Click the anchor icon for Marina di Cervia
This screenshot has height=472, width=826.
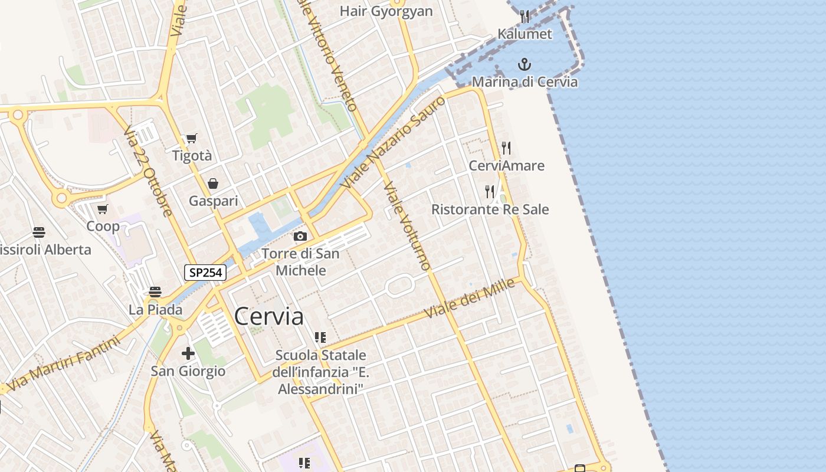(x=525, y=64)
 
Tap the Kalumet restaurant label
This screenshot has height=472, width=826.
(x=525, y=34)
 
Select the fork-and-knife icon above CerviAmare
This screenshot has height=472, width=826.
(x=506, y=147)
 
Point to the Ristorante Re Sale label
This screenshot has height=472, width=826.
(x=490, y=209)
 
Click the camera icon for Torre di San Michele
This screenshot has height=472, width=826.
(x=300, y=237)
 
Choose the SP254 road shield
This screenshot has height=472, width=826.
(x=205, y=273)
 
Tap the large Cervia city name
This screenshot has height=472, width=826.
(x=269, y=317)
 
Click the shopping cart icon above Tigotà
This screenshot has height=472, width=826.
(x=191, y=139)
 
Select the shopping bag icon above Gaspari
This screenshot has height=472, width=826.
(x=213, y=183)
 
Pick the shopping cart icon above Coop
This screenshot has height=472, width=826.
(x=103, y=209)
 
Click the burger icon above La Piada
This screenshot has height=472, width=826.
(x=155, y=291)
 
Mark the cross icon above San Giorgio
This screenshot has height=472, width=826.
(x=188, y=353)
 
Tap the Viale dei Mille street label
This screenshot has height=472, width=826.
(x=470, y=299)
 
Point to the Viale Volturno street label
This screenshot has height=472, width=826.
(x=408, y=226)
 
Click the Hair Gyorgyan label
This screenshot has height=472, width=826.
(x=386, y=11)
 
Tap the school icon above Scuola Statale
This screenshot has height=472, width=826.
(x=320, y=337)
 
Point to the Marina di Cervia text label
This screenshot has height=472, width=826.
(x=525, y=82)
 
